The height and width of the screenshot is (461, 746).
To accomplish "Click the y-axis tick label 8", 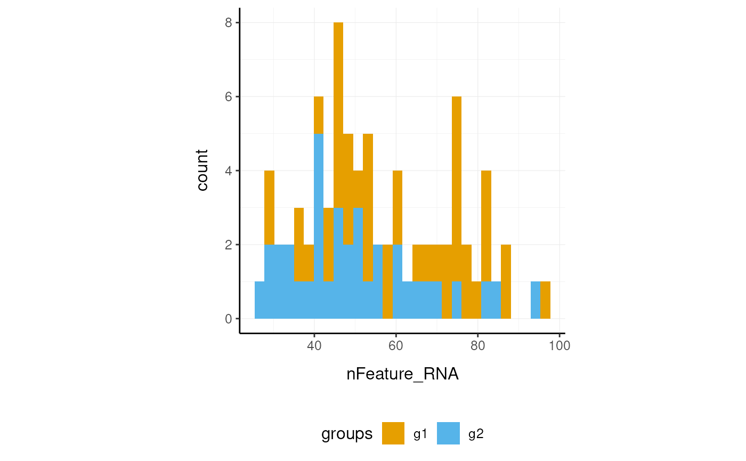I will pyautogui.click(x=228, y=23).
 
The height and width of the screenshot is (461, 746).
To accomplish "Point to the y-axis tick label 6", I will pyautogui.click(x=228, y=97).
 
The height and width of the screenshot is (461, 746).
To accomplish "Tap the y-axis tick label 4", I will pyautogui.click(x=228, y=171).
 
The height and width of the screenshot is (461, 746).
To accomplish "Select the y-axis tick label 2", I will pyautogui.click(x=228, y=245).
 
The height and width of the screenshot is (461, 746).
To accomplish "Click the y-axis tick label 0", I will pyautogui.click(x=228, y=319).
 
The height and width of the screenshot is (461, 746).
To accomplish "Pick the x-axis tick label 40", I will pyautogui.click(x=314, y=345).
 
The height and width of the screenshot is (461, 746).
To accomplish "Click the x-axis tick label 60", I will pyautogui.click(x=396, y=345).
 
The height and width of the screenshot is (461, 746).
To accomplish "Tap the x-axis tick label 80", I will pyautogui.click(x=477, y=345).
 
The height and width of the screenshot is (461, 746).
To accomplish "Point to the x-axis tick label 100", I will pyautogui.click(x=559, y=345).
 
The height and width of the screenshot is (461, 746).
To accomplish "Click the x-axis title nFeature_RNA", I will pyautogui.click(x=402, y=374).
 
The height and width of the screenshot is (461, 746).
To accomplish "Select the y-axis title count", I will pyautogui.click(x=202, y=171).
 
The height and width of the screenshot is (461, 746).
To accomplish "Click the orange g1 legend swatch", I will pyautogui.click(x=393, y=433).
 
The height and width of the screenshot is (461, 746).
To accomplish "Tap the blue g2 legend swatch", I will pyautogui.click(x=448, y=433).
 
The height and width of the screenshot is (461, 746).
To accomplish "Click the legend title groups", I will pyautogui.click(x=347, y=434).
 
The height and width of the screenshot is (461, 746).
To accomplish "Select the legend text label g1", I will pyautogui.click(x=421, y=434).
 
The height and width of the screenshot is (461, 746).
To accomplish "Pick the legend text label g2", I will pyautogui.click(x=476, y=434).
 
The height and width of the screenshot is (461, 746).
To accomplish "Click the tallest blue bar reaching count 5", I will pyautogui.click(x=319, y=224).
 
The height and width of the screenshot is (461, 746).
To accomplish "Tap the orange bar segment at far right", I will pyautogui.click(x=545, y=300).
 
